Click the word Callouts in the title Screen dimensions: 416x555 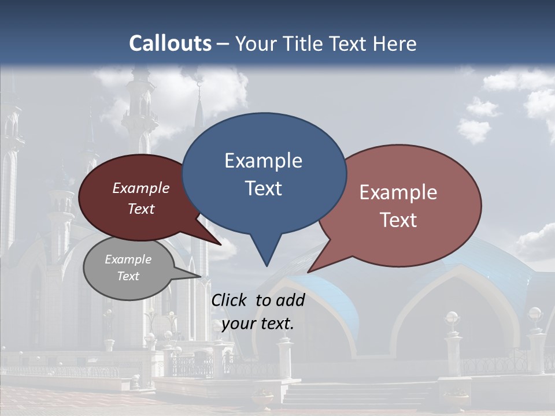tap(170, 43)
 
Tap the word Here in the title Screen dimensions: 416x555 tap(395, 43)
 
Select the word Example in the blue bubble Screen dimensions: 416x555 tap(263, 161)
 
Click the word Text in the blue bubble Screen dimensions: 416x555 tap(263, 188)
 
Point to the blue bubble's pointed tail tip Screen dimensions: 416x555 tap(267, 265)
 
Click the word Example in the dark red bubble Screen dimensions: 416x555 tap(141, 188)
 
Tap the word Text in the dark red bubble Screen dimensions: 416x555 tap(141, 209)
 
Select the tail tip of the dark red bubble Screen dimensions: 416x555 tap(221, 245)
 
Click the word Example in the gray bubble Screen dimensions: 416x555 tap(128, 259)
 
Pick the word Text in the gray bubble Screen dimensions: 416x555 tap(128, 276)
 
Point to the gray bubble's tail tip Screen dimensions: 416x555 tap(201, 276)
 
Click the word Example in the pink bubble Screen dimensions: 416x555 tap(398, 192)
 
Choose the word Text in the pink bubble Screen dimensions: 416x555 tap(398, 220)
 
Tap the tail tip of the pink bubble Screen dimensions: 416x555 tap(308, 272)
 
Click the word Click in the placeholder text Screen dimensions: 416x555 tap(230, 300)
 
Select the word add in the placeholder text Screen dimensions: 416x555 tap(290, 300)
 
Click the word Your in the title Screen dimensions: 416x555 tap(256, 43)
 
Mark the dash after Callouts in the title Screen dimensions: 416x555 tap(223, 44)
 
